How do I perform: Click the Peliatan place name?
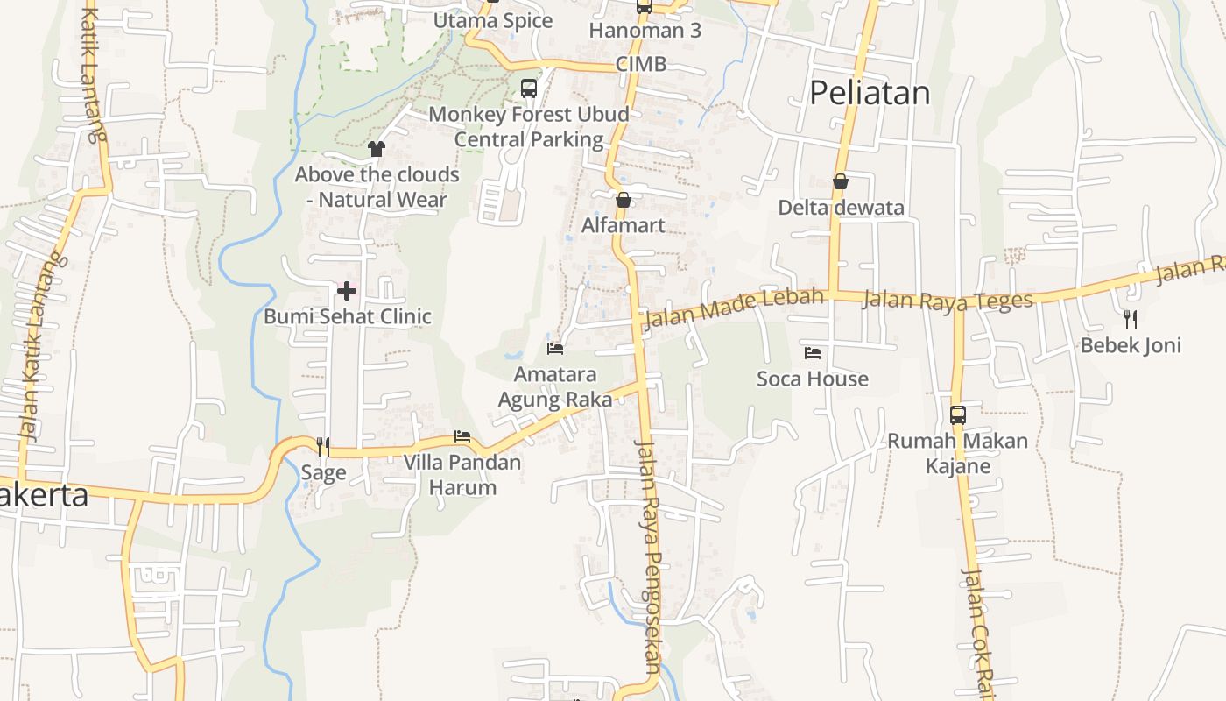click(x=869, y=92)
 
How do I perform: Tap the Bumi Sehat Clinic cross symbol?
click(x=347, y=290)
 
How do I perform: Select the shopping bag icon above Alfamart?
click(x=623, y=200)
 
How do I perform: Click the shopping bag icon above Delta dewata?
click(x=840, y=181)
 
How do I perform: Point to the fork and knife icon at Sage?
click(x=323, y=447)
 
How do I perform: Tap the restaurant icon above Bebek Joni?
click(x=1131, y=319)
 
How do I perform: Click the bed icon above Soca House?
click(x=813, y=353)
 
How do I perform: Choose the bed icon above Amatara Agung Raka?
click(x=555, y=348)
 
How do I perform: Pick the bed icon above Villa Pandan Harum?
click(x=462, y=436)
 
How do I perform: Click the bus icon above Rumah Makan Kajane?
click(x=958, y=414)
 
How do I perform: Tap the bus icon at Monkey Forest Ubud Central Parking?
click(x=529, y=88)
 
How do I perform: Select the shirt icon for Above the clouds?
click(x=377, y=149)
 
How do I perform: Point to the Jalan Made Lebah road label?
click(x=734, y=309)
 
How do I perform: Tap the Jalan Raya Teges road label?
click(x=948, y=301)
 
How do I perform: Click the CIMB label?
click(x=640, y=64)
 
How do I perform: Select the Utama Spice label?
click(x=493, y=20)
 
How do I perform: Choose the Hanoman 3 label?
click(x=645, y=31)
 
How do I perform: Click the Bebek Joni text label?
click(x=1131, y=345)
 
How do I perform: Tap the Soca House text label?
click(x=813, y=379)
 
